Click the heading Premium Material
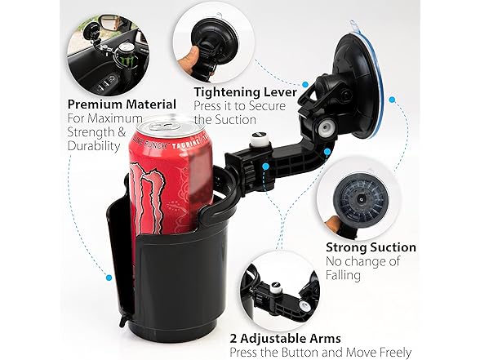click(x=122, y=104)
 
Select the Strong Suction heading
click(x=371, y=247)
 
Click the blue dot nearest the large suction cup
click(x=393, y=100)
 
